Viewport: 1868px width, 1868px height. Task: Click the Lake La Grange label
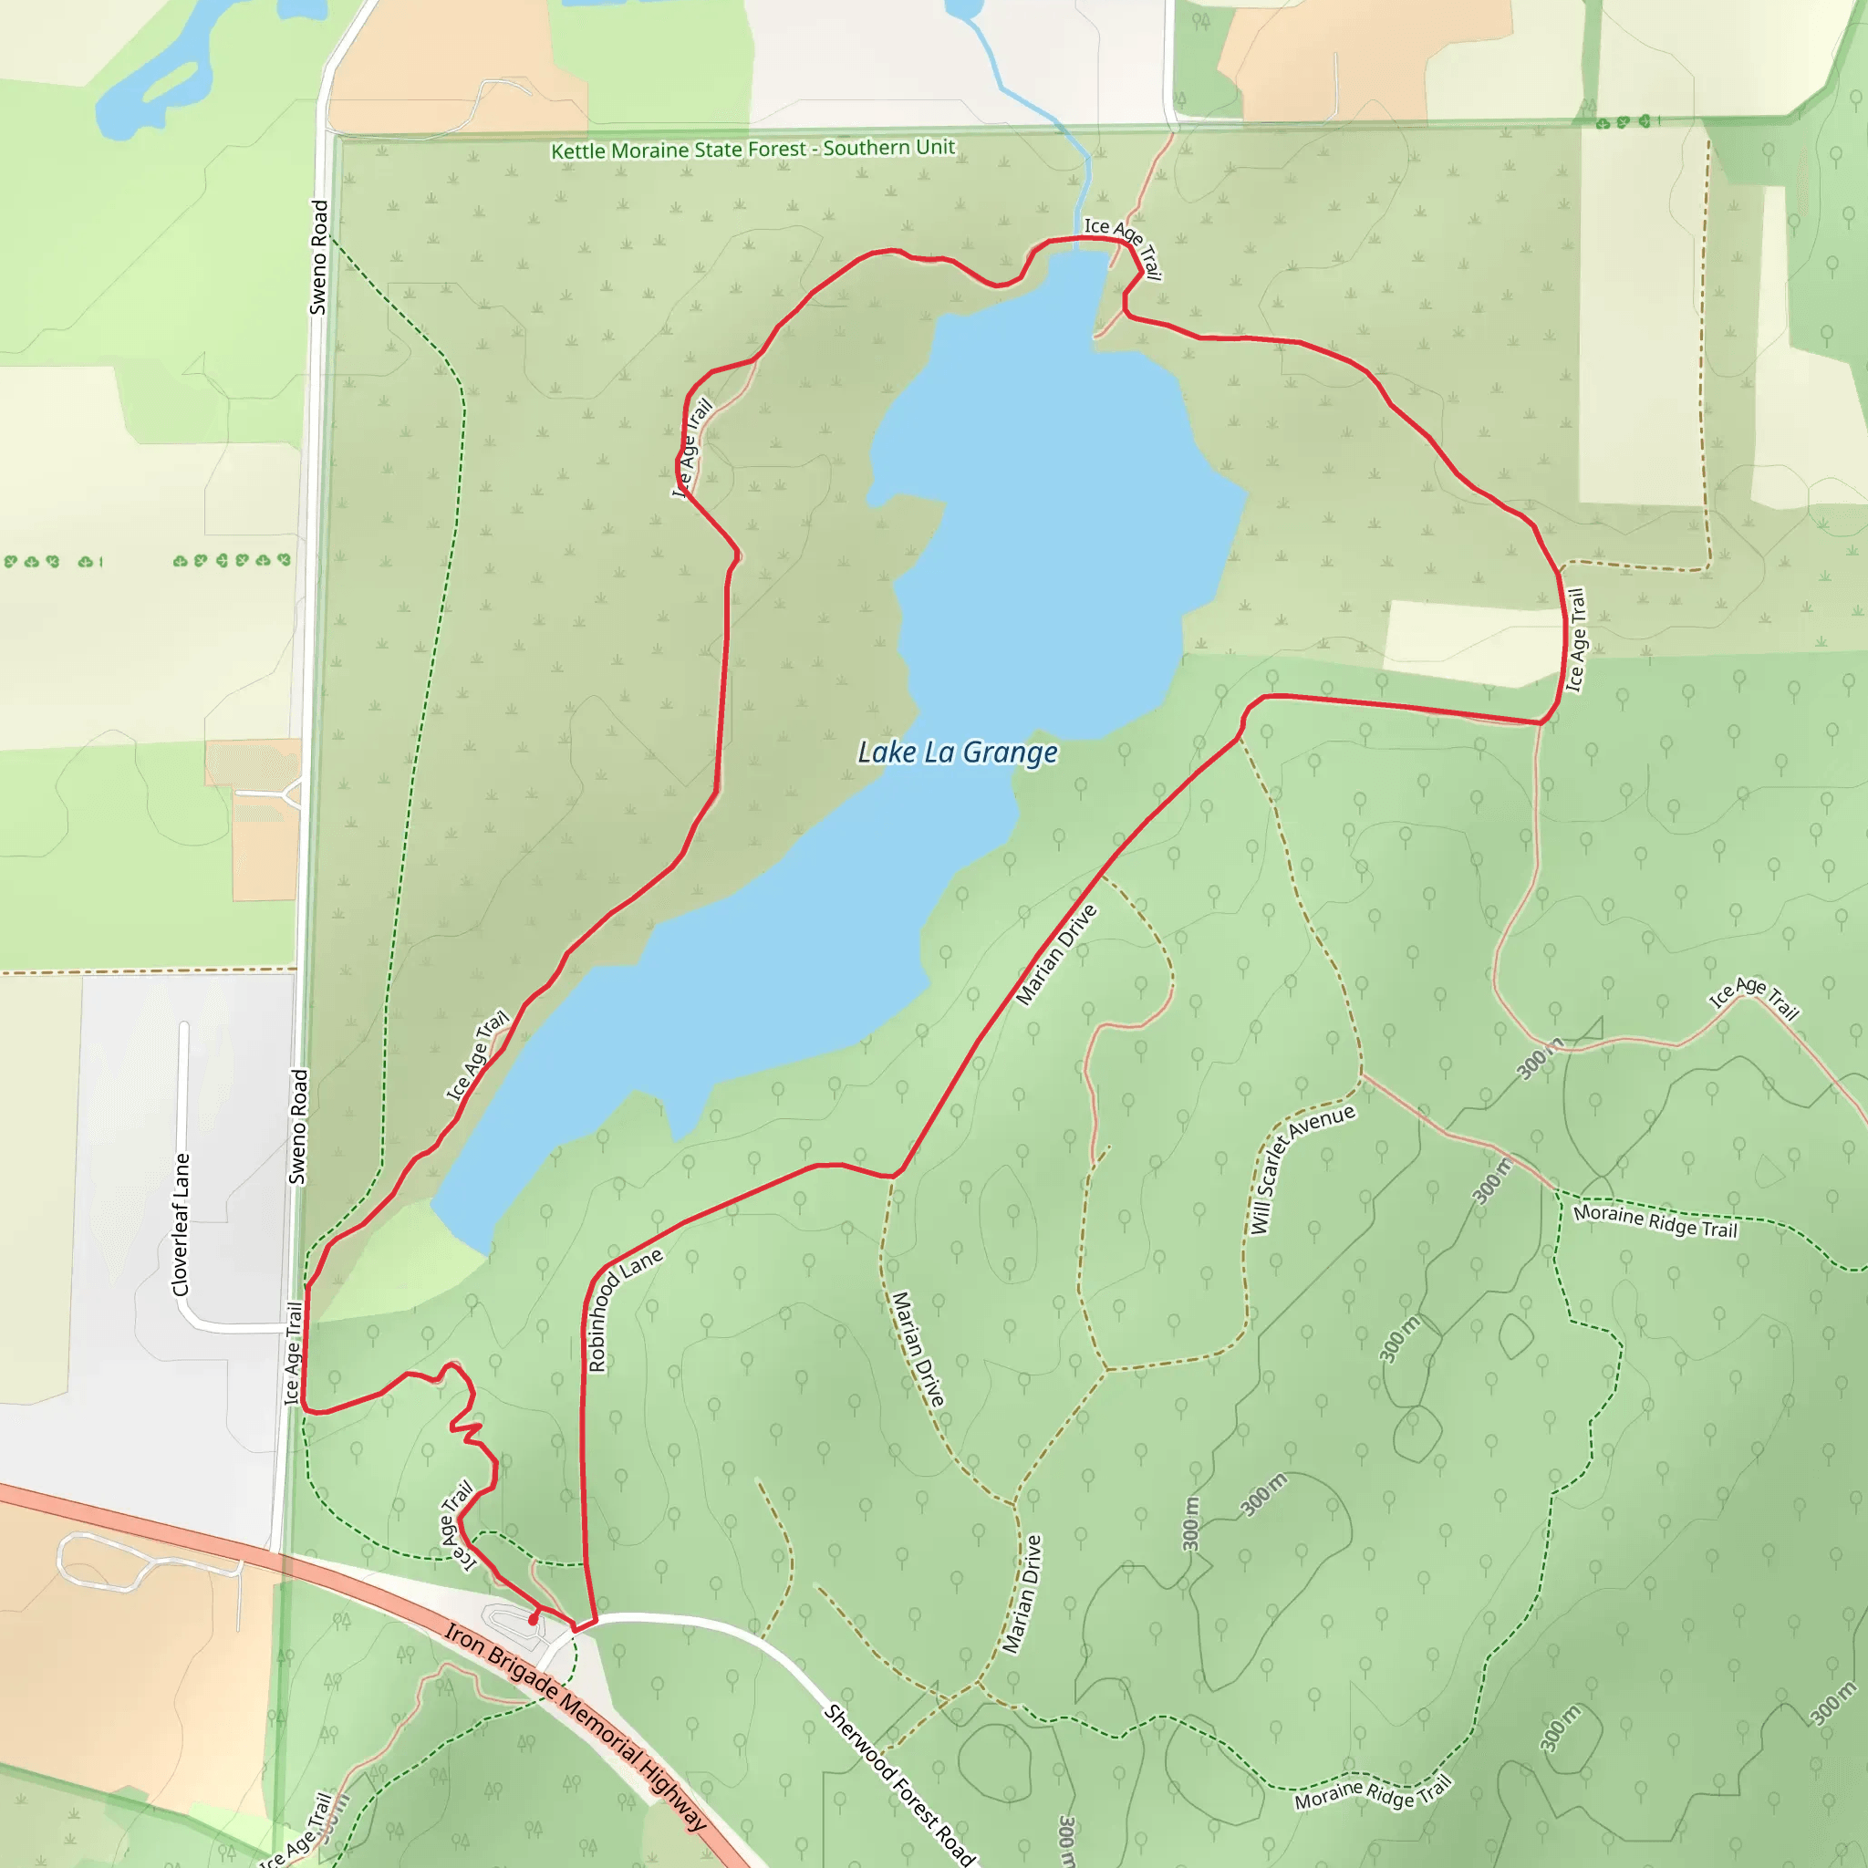(957, 752)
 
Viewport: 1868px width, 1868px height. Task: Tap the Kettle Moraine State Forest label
(752, 149)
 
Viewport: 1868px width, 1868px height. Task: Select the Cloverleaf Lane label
(181, 1224)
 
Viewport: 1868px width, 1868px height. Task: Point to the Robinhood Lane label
(624, 1309)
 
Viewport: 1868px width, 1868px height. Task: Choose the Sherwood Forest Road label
(899, 1784)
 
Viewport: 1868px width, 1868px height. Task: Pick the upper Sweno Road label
(319, 257)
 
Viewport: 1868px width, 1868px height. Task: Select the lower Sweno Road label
(299, 1126)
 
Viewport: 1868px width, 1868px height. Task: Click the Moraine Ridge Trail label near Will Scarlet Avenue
(1655, 1221)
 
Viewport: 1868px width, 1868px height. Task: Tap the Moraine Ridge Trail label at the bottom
(1373, 1793)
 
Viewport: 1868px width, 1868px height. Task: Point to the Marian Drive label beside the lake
(1057, 954)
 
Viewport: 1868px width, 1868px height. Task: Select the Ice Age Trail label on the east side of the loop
(1575, 640)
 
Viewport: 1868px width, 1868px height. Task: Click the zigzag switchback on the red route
(469, 1431)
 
